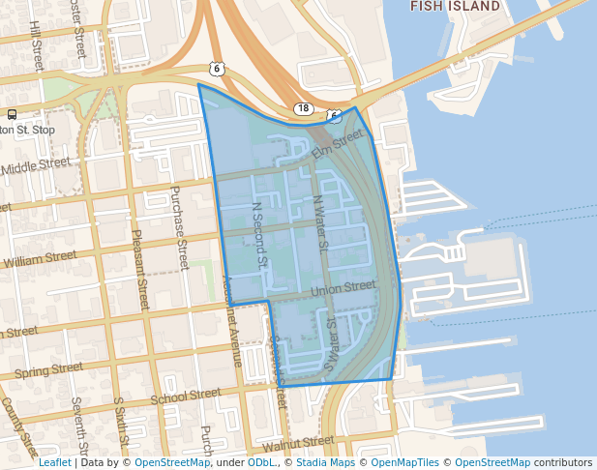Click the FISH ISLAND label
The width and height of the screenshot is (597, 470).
pyautogui.click(x=456, y=6)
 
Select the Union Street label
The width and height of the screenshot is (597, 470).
pyautogui.click(x=343, y=287)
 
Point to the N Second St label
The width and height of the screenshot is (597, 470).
pyautogui.click(x=258, y=234)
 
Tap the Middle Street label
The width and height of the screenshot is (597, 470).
pyautogui.click(x=38, y=166)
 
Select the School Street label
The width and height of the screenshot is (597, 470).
pyautogui.click(x=185, y=396)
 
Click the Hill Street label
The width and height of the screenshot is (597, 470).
pyautogui.click(x=36, y=44)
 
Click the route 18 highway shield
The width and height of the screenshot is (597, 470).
pyautogui.click(x=304, y=109)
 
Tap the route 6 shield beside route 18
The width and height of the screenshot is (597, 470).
pyautogui.click(x=334, y=116)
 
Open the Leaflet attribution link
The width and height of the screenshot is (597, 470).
pyautogui.click(x=55, y=462)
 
